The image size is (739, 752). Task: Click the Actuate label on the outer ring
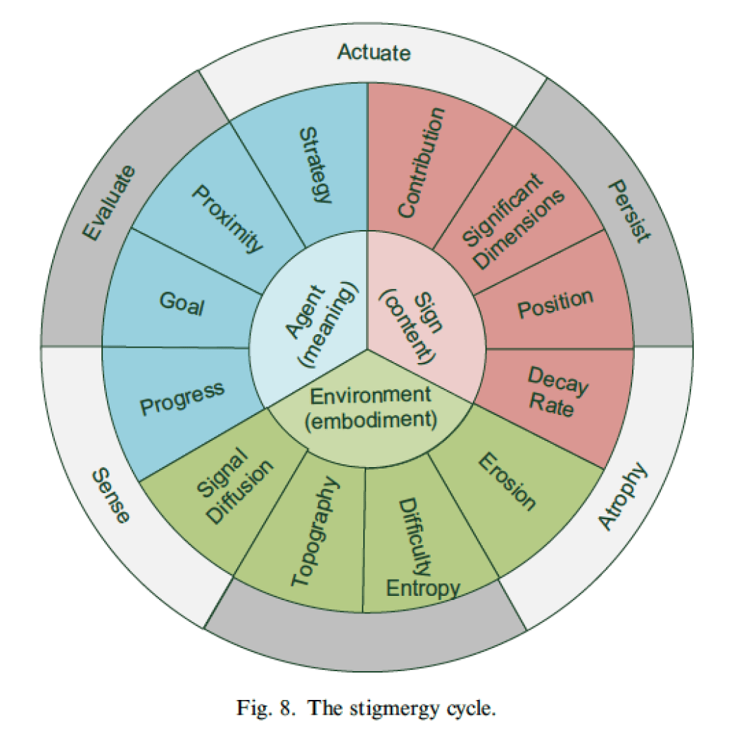[x=374, y=53]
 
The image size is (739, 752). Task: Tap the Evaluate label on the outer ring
[x=108, y=204]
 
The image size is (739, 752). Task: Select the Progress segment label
[x=182, y=398]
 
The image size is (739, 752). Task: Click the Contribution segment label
[x=421, y=162]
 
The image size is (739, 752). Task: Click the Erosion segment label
[x=507, y=480]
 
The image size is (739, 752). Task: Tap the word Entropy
[x=423, y=587]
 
